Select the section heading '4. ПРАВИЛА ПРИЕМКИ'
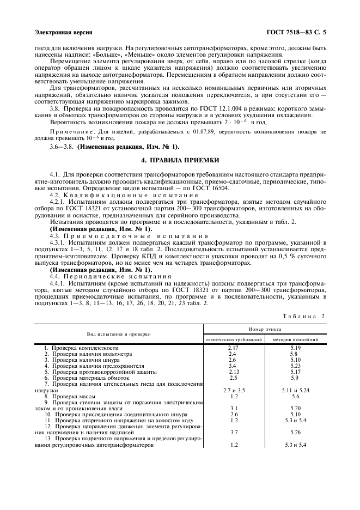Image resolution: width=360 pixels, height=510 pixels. pos(180,161)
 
